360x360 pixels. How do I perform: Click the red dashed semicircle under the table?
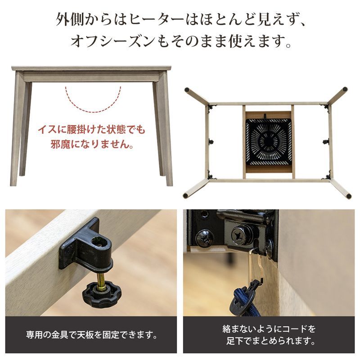(x=93, y=101)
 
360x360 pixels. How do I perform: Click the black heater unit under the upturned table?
(x=268, y=142)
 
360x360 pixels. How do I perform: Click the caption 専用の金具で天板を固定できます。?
(x=91, y=335)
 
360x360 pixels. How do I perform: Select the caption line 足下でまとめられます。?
(x=268, y=342)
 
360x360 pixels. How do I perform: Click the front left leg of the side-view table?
(x=16, y=130)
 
